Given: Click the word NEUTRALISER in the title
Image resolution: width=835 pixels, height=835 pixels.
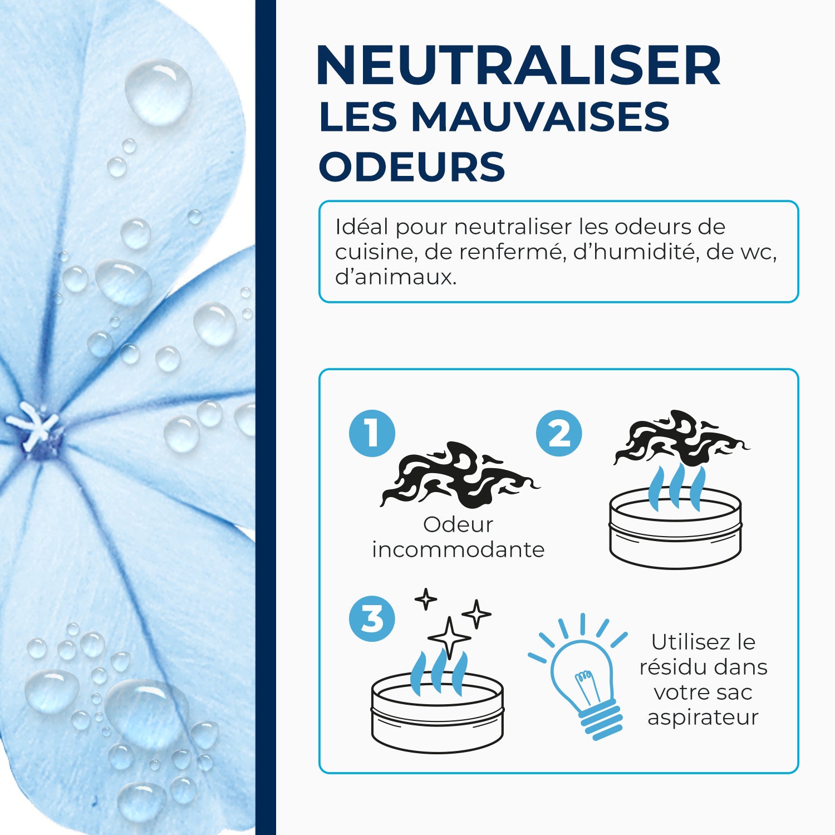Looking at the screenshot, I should coord(518,66).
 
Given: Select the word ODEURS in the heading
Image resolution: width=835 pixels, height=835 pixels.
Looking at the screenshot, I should coord(412,166).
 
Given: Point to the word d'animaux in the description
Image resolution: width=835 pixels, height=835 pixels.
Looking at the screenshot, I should coord(395,277).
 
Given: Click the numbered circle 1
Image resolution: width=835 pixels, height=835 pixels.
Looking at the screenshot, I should coord(372,433).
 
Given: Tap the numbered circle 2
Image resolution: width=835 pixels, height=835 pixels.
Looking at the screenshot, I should coord(559,433).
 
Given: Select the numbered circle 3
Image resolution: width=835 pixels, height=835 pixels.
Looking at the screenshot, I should coord(372,618).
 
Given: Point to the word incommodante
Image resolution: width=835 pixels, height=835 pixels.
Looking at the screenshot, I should coord(458,549).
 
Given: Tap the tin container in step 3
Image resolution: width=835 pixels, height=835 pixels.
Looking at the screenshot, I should coord(437,713).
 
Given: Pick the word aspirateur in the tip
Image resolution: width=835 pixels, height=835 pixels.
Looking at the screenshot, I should coord(703,717).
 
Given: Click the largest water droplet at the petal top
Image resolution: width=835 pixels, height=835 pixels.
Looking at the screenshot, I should coord(158,91).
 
